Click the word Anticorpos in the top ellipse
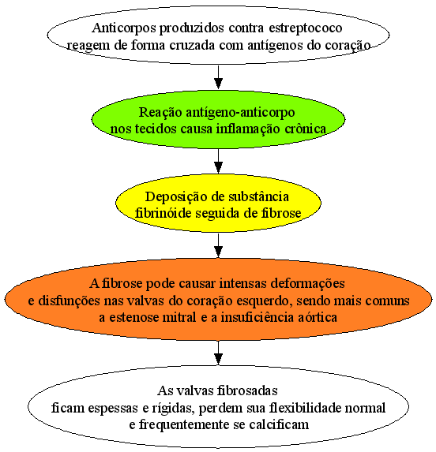(x=124, y=28)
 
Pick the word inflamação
(x=248, y=129)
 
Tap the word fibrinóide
(x=163, y=213)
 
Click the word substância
(x=258, y=196)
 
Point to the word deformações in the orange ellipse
(x=307, y=284)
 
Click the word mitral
(x=179, y=317)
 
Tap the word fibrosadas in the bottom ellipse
(x=247, y=391)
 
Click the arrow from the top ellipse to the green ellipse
(x=219, y=77)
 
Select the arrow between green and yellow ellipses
(x=219, y=161)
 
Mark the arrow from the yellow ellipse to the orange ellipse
(x=219, y=245)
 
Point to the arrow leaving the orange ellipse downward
(x=219, y=353)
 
